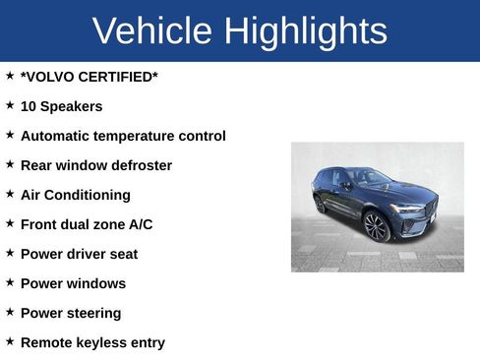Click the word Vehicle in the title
[152, 31]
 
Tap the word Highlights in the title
[305, 31]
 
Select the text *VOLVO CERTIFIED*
[89, 77]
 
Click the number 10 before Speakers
[29, 106]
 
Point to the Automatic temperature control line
[123, 136]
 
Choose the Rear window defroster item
[96, 165]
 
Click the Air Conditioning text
[75, 195]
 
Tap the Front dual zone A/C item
[87, 224]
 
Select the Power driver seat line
[79, 254]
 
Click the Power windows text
[73, 283]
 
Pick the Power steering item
[71, 313]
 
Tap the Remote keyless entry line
[92, 342]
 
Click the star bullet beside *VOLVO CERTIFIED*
[10, 75]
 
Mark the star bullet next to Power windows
[10, 281]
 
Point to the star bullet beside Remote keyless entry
[10, 340]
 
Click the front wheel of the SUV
[376, 226]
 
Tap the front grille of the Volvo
[430, 209]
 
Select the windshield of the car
[370, 177]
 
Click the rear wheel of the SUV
[320, 204]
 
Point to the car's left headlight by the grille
[405, 209]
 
